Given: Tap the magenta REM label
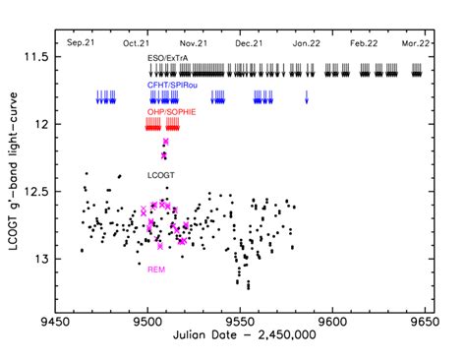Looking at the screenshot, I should [155, 268].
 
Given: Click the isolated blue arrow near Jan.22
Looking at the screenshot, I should [307, 97].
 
